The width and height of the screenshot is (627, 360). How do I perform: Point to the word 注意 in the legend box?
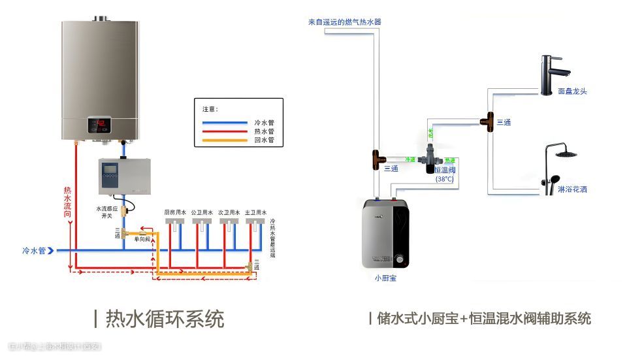[210, 109]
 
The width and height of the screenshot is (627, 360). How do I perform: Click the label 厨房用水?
[175, 212]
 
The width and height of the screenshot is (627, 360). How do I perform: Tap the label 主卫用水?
[257, 212]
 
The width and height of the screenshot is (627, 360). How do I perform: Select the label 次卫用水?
[229, 212]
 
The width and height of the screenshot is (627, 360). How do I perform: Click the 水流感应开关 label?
[106, 212]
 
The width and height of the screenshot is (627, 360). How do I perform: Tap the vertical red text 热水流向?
[67, 203]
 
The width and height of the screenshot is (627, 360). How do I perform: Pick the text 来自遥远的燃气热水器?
[344, 22]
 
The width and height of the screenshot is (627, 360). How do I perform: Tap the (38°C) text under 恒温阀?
[445, 179]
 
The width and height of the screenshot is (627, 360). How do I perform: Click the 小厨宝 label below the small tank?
[385, 278]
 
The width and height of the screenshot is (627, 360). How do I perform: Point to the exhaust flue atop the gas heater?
[101, 18]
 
